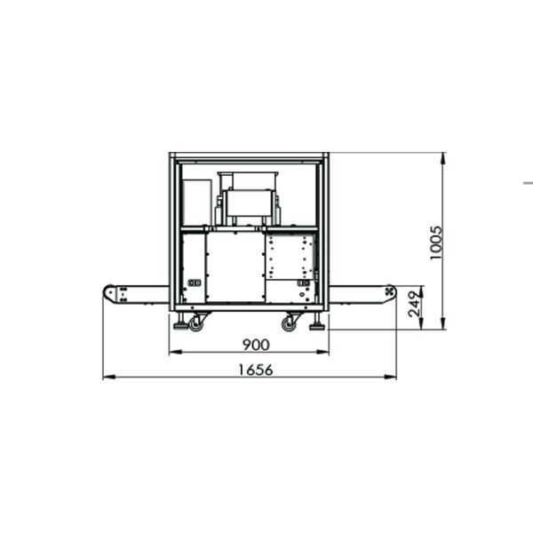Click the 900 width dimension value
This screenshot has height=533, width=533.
click(257, 345)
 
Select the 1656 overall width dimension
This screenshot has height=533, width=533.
click(256, 370)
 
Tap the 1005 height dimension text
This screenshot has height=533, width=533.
click(436, 243)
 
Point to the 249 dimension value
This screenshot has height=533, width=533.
click(414, 304)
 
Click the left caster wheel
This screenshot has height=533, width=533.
click(195, 323)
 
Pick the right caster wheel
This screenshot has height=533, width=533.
click(289, 323)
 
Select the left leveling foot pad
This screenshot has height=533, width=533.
click(180, 327)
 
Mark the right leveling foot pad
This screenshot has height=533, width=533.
click(317, 327)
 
